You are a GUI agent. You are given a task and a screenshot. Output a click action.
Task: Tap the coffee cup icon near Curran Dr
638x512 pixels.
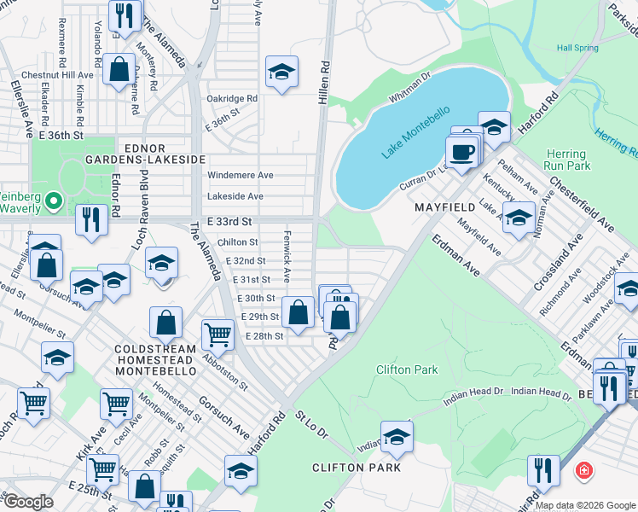(462, 152)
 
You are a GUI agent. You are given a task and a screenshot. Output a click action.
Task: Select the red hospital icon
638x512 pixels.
(583, 470)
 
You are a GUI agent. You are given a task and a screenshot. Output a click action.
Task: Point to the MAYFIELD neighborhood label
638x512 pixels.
(444, 207)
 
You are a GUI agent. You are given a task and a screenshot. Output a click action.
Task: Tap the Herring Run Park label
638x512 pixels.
(566, 158)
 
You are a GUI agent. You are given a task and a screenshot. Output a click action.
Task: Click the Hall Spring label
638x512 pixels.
(577, 49)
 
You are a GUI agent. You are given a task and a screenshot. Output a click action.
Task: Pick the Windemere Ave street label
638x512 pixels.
(241, 175)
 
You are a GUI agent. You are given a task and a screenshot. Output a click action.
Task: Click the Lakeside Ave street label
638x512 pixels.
(235, 196)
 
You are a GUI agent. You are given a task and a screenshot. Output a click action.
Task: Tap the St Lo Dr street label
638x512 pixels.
(312, 424)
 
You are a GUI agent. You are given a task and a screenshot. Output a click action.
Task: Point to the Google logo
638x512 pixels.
(28, 502)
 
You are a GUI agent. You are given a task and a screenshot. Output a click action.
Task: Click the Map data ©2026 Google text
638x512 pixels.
(583, 505)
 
